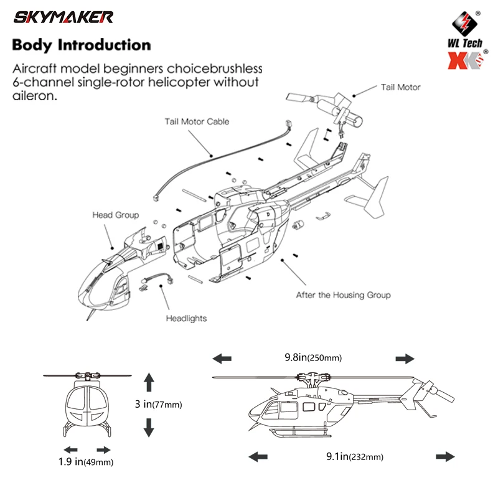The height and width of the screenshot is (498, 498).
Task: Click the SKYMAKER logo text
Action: pos(63,17)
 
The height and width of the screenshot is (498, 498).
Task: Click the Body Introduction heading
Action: pos(82,45)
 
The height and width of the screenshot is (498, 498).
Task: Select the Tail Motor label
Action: pos(400,87)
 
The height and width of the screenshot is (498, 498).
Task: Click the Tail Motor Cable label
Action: pos(197,121)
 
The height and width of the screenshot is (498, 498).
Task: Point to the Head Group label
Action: pos(116,215)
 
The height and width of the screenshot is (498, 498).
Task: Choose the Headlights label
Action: pos(186,318)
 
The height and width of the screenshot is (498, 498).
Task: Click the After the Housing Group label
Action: pos(343,294)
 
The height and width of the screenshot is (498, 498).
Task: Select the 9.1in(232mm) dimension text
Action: pos(354,456)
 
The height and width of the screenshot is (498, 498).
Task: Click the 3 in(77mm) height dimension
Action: pos(158,404)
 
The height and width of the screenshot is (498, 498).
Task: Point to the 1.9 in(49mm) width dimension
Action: pos(86,461)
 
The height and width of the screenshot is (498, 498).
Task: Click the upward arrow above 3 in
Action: pos(148,380)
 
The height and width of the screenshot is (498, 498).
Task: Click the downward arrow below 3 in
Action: pos(148,427)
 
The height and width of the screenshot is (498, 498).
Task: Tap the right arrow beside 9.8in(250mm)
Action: pos(405,359)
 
